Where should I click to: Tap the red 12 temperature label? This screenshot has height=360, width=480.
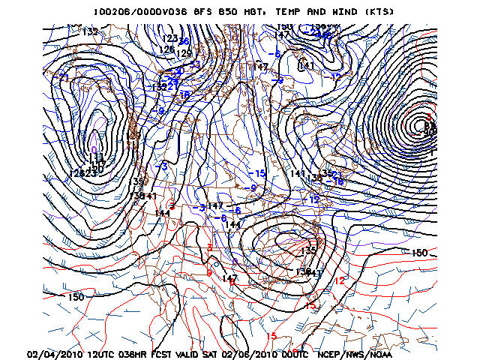pos(340,280)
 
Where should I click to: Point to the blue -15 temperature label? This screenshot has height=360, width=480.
pos(257,173)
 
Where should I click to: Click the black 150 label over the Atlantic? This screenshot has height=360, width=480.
pos(419,253)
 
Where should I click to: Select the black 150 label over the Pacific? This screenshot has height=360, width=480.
pos(76,297)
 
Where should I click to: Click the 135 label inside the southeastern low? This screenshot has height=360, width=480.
pos(309,250)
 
